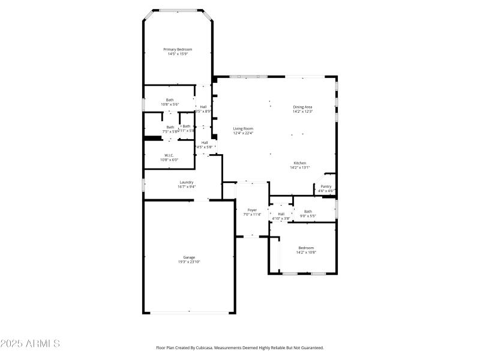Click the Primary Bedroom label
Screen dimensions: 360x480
tap(178, 49)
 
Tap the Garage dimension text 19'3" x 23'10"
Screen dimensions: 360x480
tap(189, 262)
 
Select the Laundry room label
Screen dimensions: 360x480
tap(186, 182)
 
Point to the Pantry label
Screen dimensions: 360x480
tap(326, 187)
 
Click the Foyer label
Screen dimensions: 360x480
tap(252, 210)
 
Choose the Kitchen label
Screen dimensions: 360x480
tap(300, 163)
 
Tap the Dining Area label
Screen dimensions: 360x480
tap(302, 107)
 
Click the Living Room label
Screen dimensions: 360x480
tap(243, 128)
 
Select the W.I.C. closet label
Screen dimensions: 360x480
tap(169, 155)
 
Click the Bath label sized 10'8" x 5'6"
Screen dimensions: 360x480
tap(170, 100)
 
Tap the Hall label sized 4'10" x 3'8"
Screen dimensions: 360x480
tap(281, 218)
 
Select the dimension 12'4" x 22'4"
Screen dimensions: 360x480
tap(243, 133)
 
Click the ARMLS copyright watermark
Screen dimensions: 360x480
tap(30, 344)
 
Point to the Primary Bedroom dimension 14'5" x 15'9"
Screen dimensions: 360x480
tap(178, 54)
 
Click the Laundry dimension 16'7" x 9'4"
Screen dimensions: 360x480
tap(186, 187)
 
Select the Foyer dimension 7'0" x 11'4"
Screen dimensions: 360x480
tap(252, 214)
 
